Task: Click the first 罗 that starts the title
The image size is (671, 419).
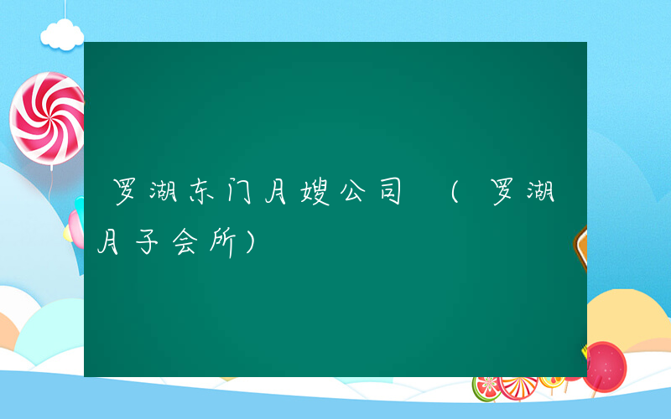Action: pyautogui.click(x=126, y=194)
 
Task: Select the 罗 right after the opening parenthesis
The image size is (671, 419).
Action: pyautogui.click(x=502, y=194)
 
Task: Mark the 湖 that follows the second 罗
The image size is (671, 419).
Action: pyautogui.click(x=539, y=194)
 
